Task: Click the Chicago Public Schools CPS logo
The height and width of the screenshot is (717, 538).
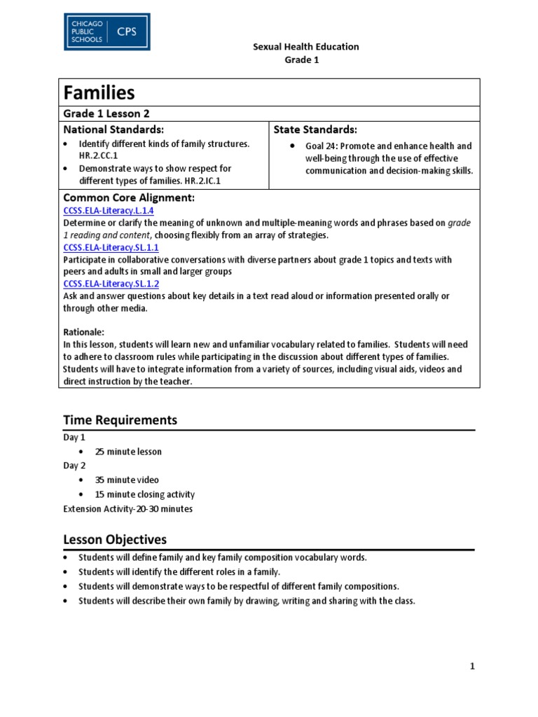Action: (106, 32)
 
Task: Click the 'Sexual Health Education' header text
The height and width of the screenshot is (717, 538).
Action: (305, 47)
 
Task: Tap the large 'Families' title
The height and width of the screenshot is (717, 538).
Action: (99, 92)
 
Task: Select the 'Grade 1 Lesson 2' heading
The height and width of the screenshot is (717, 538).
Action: (106, 113)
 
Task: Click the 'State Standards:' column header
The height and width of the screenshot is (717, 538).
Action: (315, 130)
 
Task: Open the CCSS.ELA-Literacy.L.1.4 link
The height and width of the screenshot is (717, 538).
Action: (109, 211)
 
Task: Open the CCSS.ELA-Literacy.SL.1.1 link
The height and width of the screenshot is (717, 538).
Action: (111, 247)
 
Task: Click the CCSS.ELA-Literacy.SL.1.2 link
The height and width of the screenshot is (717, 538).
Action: (111, 284)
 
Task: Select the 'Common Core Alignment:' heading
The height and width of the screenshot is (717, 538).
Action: (129, 198)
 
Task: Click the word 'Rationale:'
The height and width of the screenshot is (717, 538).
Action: (85, 332)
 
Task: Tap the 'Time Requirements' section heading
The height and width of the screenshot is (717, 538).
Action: (120, 420)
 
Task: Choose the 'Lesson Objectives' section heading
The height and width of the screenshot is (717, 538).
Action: (115, 540)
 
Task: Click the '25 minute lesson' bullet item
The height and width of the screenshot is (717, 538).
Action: (128, 452)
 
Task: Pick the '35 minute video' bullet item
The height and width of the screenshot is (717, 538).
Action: (127, 480)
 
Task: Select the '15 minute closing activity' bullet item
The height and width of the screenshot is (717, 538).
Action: (145, 494)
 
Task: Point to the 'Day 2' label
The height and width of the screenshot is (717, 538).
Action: (74, 466)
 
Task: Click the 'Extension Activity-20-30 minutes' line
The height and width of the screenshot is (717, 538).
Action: (127, 509)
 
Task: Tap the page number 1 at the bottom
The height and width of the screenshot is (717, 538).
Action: (472, 667)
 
